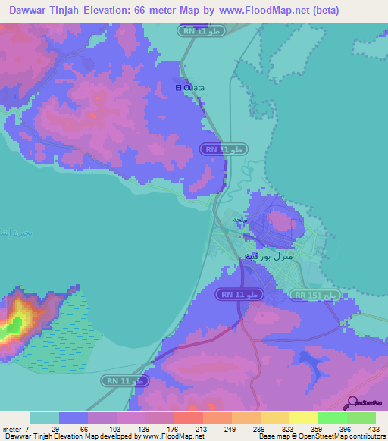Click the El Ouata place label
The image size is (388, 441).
(189, 88)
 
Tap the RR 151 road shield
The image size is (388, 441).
(315, 295)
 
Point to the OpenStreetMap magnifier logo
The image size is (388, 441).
(352, 402)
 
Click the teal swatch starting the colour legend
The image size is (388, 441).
(45, 418)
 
